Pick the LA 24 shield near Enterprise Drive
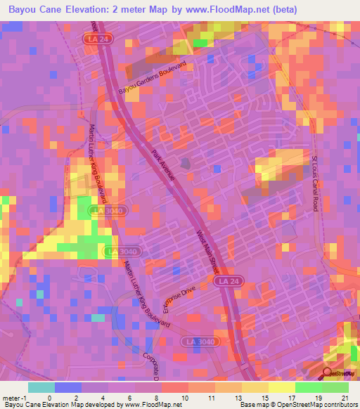tap(221, 281)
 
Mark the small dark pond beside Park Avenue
tap(185, 164)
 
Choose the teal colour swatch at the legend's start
tap(41, 387)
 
